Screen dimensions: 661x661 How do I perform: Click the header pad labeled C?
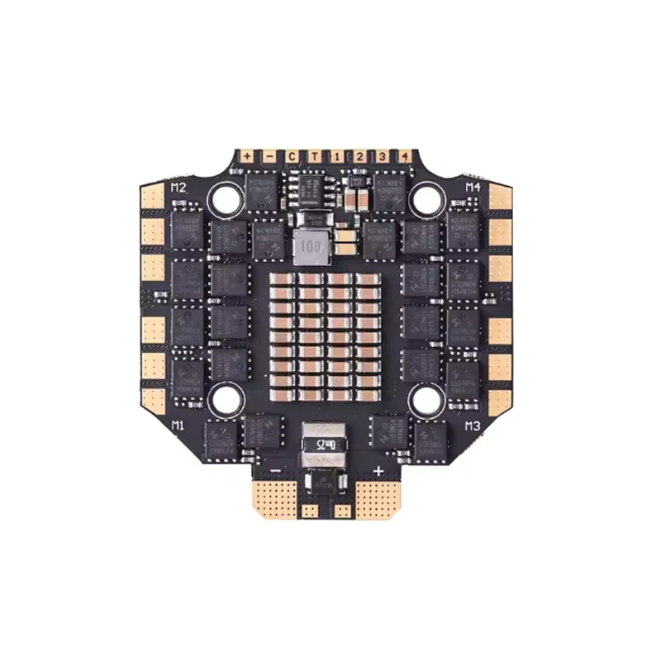point(291,155)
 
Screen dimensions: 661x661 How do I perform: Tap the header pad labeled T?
point(314,155)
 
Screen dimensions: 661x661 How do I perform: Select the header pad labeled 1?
point(337,155)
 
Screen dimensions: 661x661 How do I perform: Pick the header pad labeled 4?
point(404,155)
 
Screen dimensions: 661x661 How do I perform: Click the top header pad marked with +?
point(246,155)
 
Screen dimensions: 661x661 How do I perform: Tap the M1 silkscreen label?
point(177,425)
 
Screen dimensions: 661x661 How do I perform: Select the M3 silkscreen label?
point(473,426)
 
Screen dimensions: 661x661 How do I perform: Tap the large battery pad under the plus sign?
point(377,500)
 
